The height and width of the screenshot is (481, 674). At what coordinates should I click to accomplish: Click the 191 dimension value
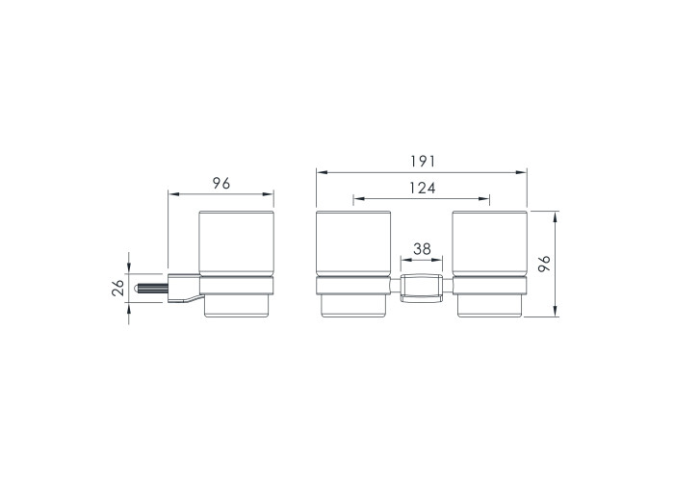coord(423,162)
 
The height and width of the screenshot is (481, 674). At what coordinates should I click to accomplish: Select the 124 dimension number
coord(422,188)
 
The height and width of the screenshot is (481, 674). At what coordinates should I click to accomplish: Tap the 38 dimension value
coord(422,248)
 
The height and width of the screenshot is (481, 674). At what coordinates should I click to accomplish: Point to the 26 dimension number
coord(117,288)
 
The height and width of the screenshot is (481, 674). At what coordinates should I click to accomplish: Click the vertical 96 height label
coord(544,264)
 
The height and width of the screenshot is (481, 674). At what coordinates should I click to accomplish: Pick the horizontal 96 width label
coord(221,184)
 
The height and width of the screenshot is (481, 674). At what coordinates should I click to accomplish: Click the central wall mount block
coord(422,288)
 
